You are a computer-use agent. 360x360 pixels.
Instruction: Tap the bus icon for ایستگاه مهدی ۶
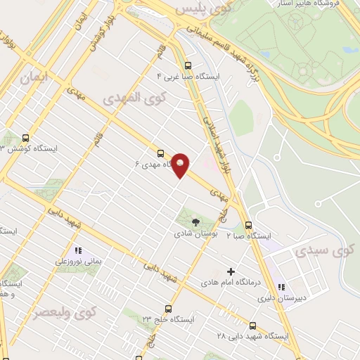pyautogui.click(x=160, y=153)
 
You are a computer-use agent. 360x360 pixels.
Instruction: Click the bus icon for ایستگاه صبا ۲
pyautogui.click(x=247, y=225)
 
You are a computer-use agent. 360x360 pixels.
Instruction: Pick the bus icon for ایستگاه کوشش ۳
pyautogui.click(x=26, y=138)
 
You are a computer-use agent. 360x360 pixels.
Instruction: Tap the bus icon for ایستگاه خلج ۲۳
pyautogui.click(x=168, y=308)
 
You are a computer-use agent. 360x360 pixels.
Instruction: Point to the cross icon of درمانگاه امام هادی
pyautogui.click(x=231, y=271)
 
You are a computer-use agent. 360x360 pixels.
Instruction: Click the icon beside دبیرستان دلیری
pyautogui.click(x=281, y=287)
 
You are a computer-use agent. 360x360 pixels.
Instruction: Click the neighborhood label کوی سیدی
pyautogui.click(x=325, y=249)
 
